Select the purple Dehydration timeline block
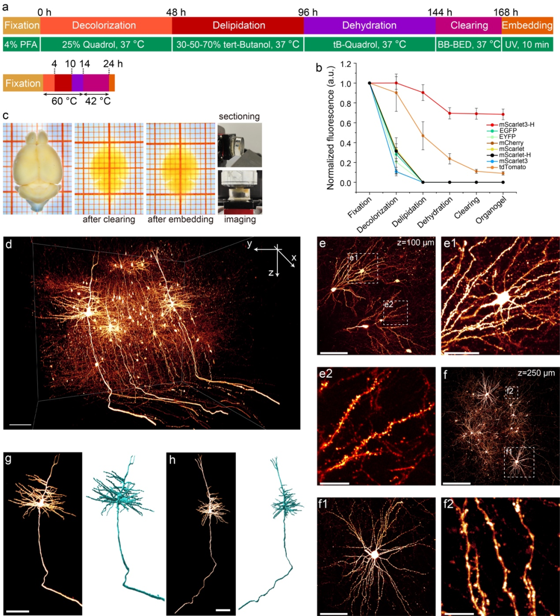[369, 25]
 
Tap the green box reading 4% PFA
[21, 45]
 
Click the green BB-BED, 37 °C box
[468, 45]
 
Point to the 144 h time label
[440, 12]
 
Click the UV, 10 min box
[527, 45]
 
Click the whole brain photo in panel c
[37, 168]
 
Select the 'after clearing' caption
[109, 220]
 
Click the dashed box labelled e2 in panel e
[395, 312]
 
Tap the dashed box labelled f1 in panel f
[519, 462]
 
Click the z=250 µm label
[536, 373]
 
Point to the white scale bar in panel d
[20, 425]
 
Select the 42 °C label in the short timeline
[97, 101]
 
